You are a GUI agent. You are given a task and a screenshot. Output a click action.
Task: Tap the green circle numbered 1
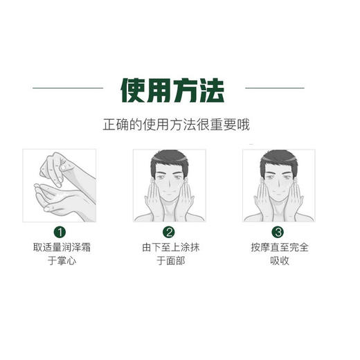coord(60,233)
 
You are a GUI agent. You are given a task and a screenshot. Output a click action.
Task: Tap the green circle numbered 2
coord(168,233)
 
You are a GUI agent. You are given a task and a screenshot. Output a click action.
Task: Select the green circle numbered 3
coord(278,233)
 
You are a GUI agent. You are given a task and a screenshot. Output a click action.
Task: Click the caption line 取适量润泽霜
coord(60,247)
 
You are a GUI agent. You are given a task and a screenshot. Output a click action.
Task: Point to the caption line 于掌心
coord(60,261)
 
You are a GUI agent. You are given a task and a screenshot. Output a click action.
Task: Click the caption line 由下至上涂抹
coord(168,247)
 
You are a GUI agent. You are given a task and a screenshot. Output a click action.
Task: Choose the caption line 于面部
coord(168,261)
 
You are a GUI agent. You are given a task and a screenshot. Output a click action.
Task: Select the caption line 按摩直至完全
coord(278,247)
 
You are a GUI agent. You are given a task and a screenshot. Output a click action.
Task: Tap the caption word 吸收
coord(278,261)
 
